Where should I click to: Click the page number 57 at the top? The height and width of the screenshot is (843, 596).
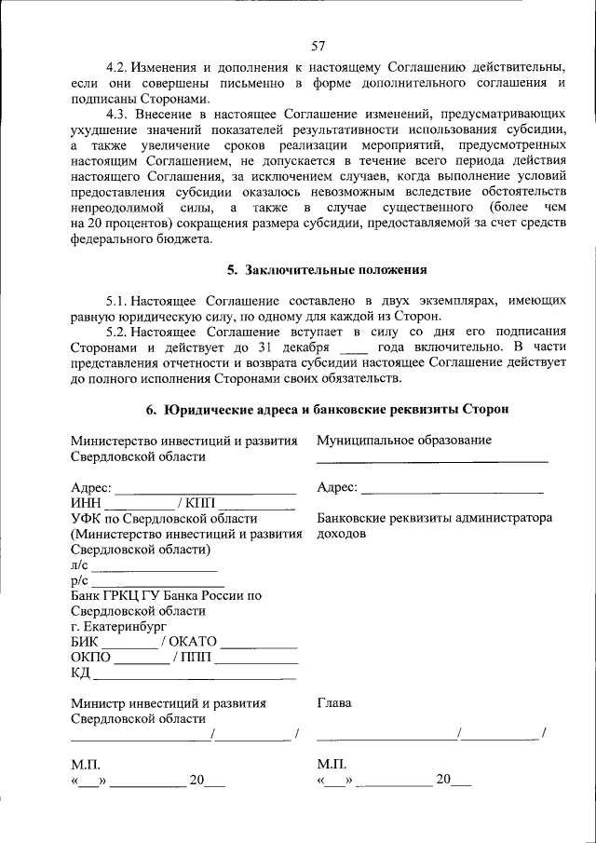tap(318, 45)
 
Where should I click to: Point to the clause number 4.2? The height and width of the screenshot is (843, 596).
tap(117, 68)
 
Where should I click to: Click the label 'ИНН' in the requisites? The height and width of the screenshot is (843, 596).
tap(85, 503)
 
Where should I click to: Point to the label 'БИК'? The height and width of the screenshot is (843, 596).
tap(85, 641)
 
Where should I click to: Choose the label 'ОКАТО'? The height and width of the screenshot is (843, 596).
tap(195, 641)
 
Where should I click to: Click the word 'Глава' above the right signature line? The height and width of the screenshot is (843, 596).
tap(334, 703)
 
